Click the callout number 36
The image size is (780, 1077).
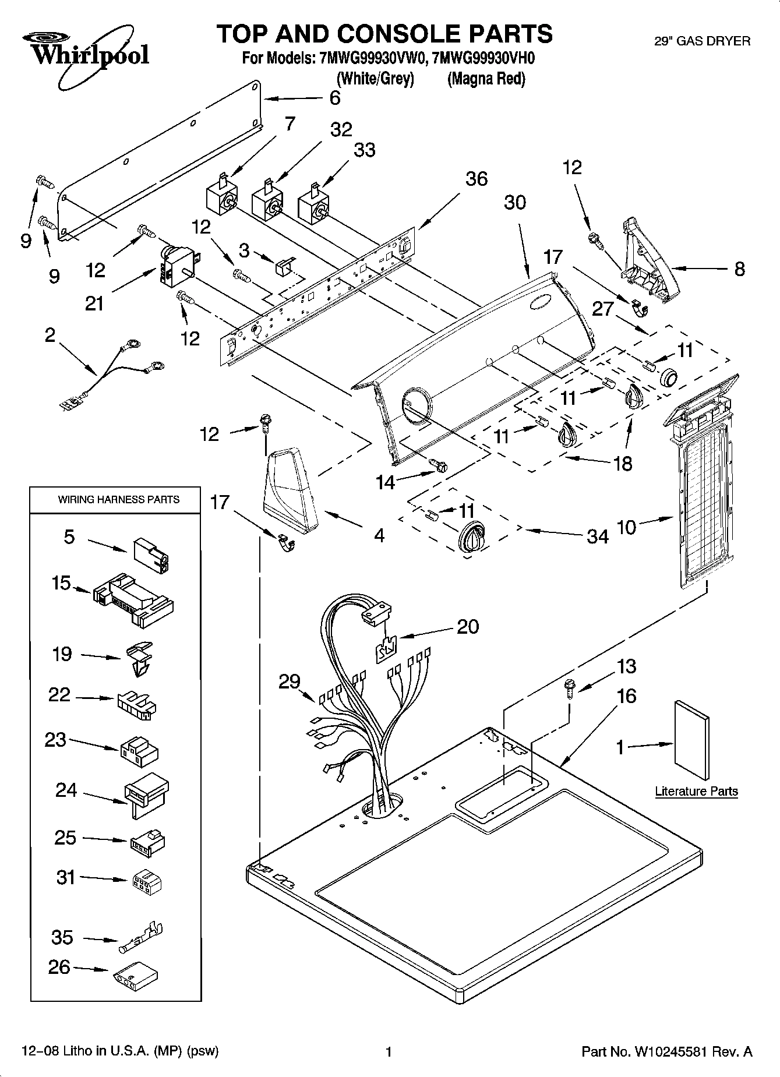476,178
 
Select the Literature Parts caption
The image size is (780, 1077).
696,791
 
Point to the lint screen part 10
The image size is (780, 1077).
703,507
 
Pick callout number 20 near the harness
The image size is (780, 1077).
468,626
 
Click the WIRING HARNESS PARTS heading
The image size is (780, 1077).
118,499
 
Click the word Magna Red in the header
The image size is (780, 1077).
486,79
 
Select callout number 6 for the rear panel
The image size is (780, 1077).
334,97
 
